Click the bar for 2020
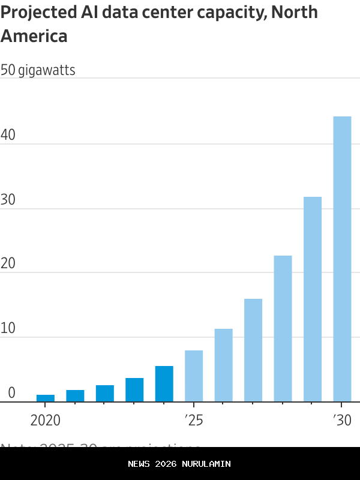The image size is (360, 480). (46, 398)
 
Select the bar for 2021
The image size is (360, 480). (75, 395)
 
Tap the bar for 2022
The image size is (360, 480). (105, 393)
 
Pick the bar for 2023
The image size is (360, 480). (134, 389)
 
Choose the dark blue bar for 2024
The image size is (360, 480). (164, 383)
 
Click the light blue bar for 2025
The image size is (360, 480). (194, 376)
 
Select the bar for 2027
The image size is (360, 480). (253, 350)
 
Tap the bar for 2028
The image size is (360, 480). (283, 328)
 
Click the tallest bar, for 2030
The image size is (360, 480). (342, 259)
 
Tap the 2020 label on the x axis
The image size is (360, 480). (45, 420)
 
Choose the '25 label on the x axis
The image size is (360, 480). (194, 420)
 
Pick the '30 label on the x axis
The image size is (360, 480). (341, 420)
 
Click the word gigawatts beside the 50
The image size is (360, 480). (47, 70)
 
